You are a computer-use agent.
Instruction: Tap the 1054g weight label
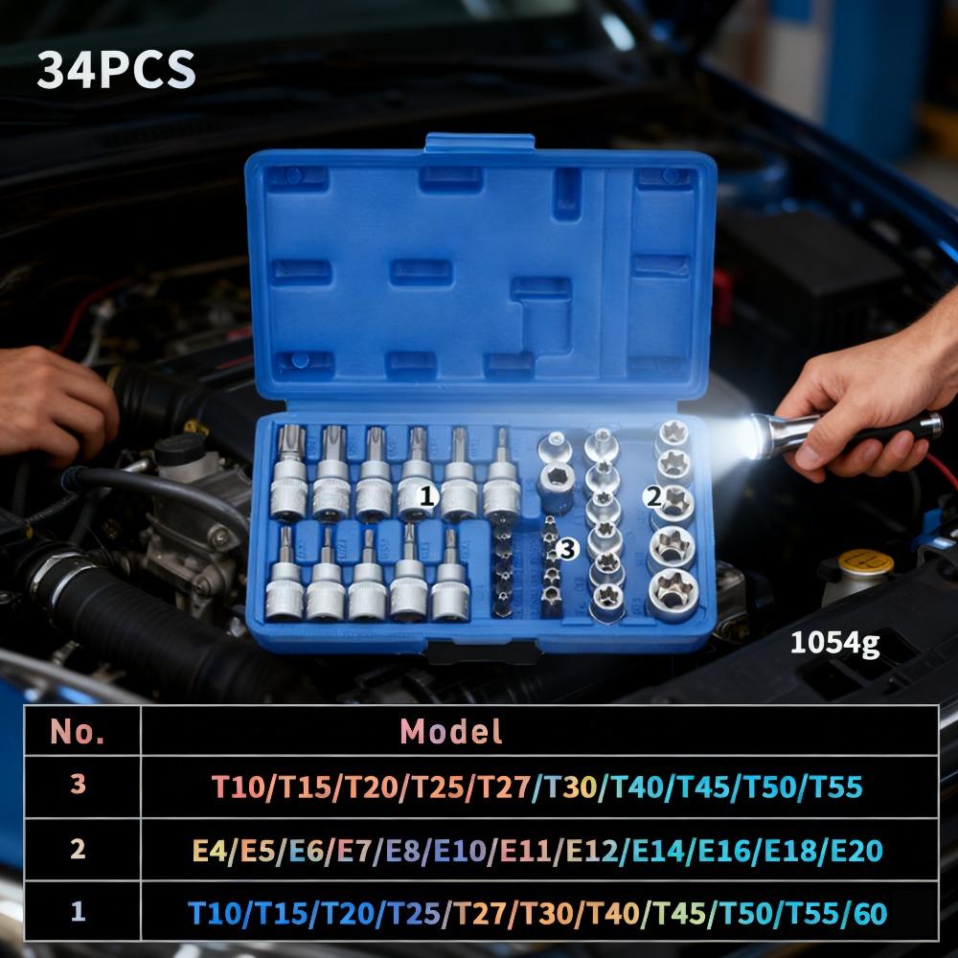click(833, 644)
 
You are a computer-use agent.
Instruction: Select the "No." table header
click(78, 732)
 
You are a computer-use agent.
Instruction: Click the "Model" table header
click(450, 732)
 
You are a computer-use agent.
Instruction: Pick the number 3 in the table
click(78, 785)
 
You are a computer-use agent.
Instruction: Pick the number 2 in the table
click(78, 848)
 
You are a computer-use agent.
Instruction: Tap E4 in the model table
click(208, 850)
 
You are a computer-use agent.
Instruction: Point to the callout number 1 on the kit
click(428, 496)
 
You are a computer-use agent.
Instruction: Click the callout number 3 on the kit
click(569, 548)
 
